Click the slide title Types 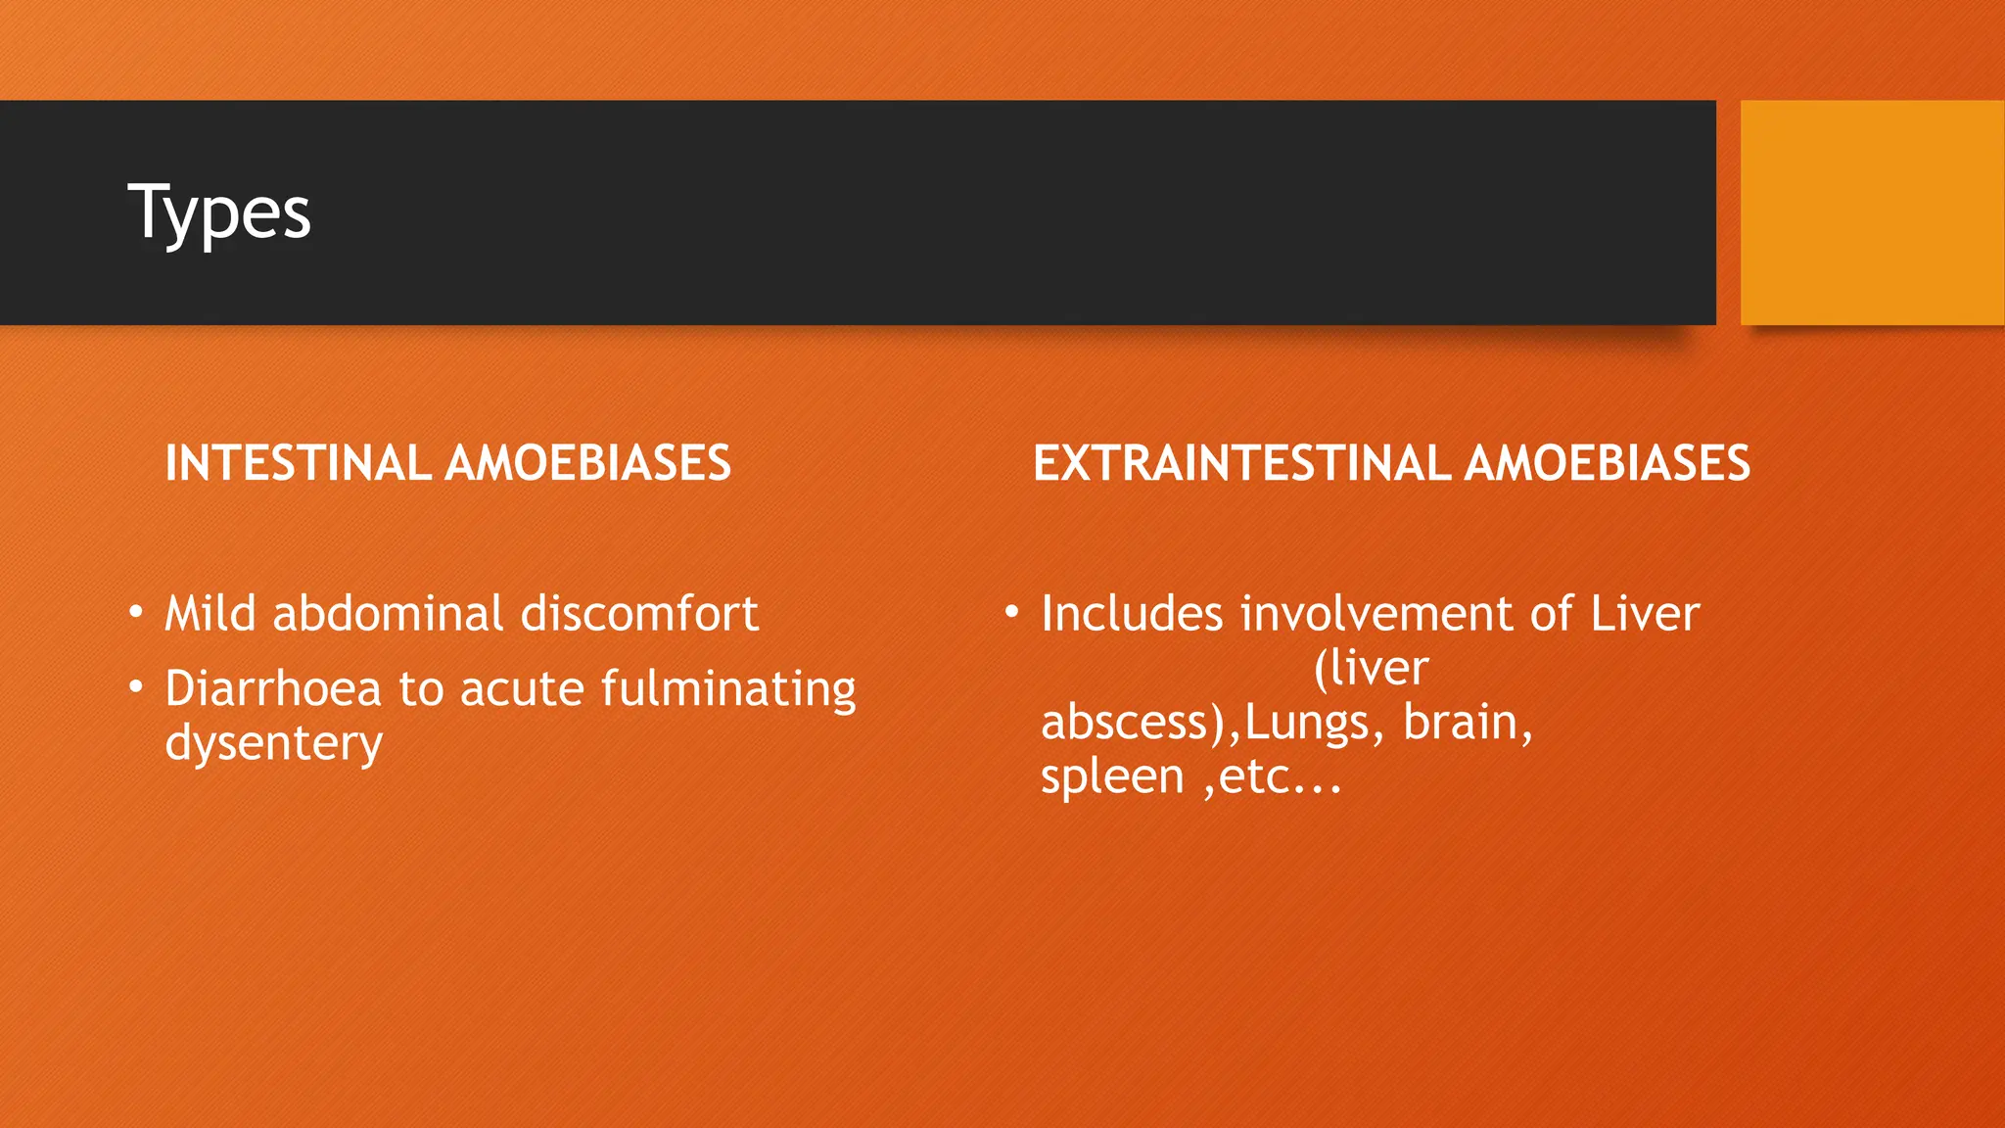click(219, 212)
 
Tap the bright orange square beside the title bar click(1872, 212)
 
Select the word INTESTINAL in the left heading click(298, 463)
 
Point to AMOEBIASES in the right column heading click(1607, 463)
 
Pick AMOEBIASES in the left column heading click(587, 463)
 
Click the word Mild click(210, 614)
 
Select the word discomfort click(639, 614)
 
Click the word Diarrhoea click(272, 688)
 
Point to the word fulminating click(728, 688)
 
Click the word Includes click(1132, 614)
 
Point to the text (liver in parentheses click(1371, 669)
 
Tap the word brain click(1467, 723)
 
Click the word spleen click(1112, 777)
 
